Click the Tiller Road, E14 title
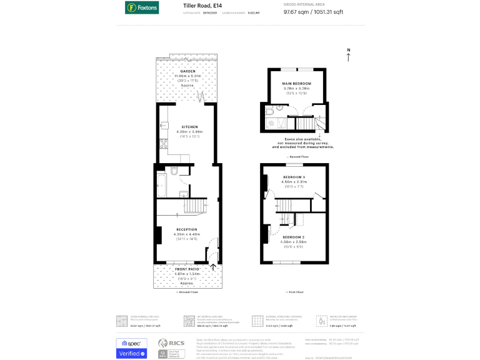click(x=202, y=6)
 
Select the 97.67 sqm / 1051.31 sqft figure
click(x=331, y=11)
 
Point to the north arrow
click(x=349, y=55)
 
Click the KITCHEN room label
click(x=189, y=127)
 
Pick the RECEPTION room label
click(x=186, y=229)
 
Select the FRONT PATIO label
click(x=186, y=269)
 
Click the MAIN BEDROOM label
click(x=297, y=83)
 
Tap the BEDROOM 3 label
click(x=294, y=177)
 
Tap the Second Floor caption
click(x=297, y=156)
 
